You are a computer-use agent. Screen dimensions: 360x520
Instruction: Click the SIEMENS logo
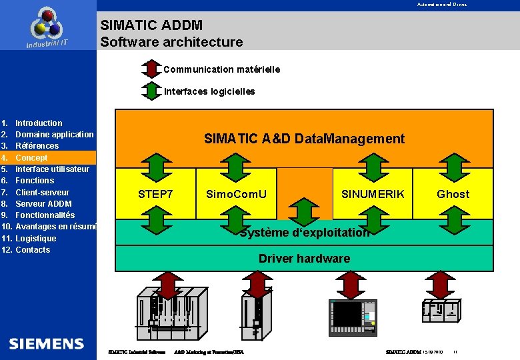(47, 343)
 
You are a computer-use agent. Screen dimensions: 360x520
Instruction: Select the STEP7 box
(155, 194)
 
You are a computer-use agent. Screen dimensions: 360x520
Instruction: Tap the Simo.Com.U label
(236, 194)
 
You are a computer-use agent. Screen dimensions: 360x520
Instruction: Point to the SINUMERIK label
(373, 194)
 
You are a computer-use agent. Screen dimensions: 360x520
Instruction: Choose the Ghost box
(453, 194)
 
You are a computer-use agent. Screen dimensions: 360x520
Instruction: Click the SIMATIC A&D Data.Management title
(304, 139)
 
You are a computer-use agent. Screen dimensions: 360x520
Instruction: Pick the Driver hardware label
(304, 258)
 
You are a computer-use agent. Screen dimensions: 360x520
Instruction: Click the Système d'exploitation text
(304, 233)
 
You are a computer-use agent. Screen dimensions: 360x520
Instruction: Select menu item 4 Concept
(31, 157)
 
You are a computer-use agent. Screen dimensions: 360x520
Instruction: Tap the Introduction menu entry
(39, 123)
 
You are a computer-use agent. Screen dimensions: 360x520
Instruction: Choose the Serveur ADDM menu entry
(43, 203)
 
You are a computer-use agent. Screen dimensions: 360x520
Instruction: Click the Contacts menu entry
(33, 249)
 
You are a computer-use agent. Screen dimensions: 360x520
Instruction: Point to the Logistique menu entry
(36, 238)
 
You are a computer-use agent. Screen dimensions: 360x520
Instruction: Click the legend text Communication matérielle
(221, 69)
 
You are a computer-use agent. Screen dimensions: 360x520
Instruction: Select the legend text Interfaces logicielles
(209, 91)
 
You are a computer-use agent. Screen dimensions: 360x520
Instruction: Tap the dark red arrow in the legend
(151, 69)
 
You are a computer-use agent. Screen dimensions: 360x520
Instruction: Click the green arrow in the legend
(151, 91)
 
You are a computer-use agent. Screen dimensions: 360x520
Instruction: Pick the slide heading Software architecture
(171, 42)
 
